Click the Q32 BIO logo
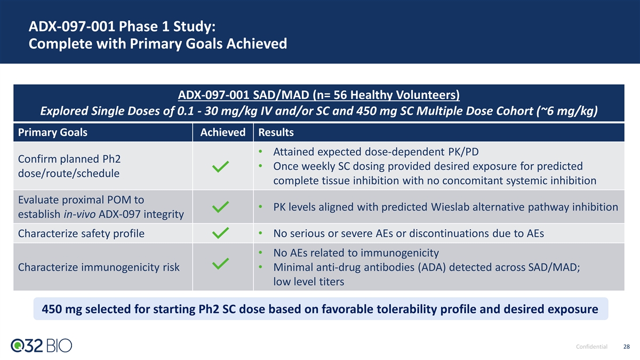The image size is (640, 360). [42, 346]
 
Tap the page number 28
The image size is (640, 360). [626, 347]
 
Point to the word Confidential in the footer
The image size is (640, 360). [591, 347]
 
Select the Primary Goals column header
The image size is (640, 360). [53, 132]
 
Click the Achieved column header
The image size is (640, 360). [223, 132]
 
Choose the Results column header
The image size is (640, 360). [276, 132]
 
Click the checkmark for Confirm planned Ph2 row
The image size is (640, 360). [220, 166]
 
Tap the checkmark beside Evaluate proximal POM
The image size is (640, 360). [220, 207]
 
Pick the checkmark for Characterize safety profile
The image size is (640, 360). [220, 233]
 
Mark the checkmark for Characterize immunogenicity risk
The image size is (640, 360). [220, 263]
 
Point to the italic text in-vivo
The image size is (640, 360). [79, 214]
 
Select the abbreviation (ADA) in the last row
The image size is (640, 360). [431, 267]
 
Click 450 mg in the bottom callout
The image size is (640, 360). [62, 309]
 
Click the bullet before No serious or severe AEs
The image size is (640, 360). [260, 233]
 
